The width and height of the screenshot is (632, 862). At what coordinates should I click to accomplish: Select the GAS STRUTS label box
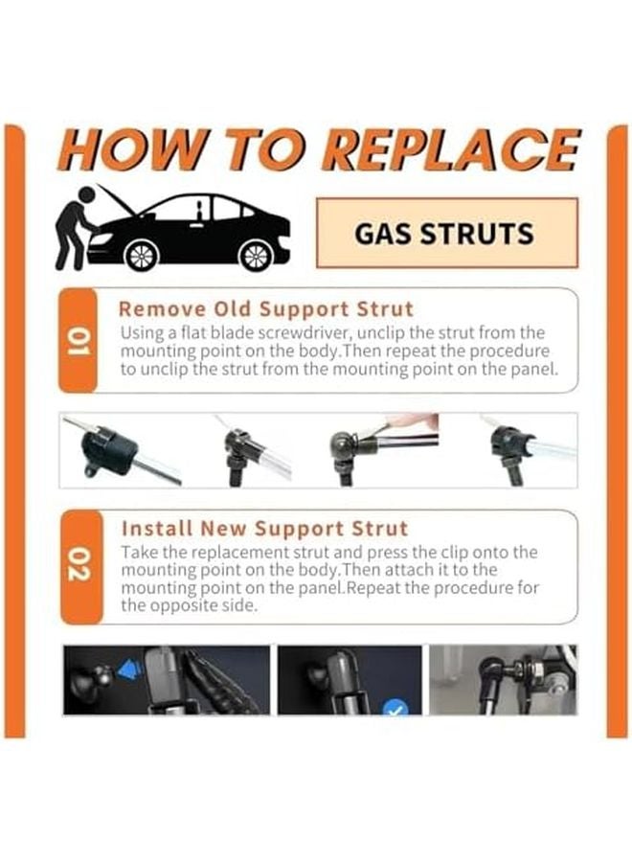click(x=446, y=234)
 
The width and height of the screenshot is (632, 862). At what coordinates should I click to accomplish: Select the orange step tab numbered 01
click(x=79, y=340)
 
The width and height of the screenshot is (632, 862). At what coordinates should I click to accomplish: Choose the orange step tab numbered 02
click(x=79, y=566)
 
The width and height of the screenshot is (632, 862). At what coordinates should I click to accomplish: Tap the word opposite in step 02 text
click(x=187, y=606)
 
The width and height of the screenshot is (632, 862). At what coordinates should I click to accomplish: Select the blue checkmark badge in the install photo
click(x=395, y=709)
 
